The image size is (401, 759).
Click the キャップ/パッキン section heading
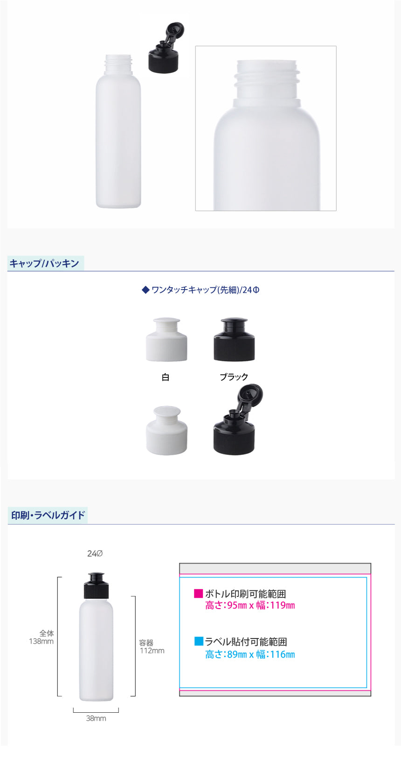44,263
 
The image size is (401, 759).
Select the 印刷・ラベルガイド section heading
48,515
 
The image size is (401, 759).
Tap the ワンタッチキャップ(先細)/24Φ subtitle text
206,290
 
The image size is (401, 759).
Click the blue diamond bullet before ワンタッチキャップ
145,290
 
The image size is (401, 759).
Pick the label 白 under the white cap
165,377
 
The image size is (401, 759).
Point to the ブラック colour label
234,377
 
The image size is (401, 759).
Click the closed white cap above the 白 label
166,339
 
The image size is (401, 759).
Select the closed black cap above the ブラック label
234,339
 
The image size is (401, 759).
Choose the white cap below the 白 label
166,430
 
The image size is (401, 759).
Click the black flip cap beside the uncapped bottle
166,48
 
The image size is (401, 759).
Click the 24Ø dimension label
95,553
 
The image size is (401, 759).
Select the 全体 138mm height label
41,637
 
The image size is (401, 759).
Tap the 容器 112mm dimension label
152,646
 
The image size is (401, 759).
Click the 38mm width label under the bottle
96,718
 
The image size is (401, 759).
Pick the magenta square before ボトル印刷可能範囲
198,593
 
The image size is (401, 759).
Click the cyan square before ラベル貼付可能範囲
199,641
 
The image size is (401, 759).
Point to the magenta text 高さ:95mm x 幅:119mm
250,605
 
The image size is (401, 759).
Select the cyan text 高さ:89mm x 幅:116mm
250,654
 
